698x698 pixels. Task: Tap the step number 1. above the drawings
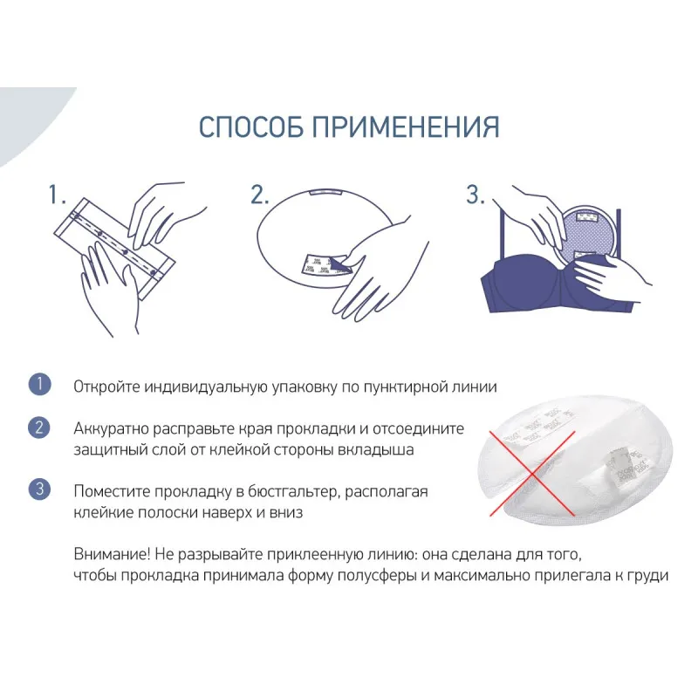coord(57,195)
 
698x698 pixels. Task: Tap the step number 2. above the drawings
coord(260,195)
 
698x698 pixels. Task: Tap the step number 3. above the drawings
coord(475,195)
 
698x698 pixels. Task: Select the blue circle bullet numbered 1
coord(39,384)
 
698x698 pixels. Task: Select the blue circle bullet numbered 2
coord(39,428)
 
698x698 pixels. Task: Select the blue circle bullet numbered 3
coord(39,489)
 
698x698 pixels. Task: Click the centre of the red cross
coord(532,474)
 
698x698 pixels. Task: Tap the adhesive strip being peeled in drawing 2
coord(325,265)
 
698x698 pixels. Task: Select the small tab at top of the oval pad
coord(325,192)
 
